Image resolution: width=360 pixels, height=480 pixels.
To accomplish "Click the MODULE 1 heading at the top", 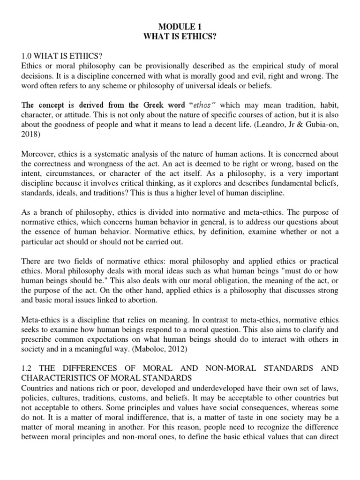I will click(180, 27).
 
